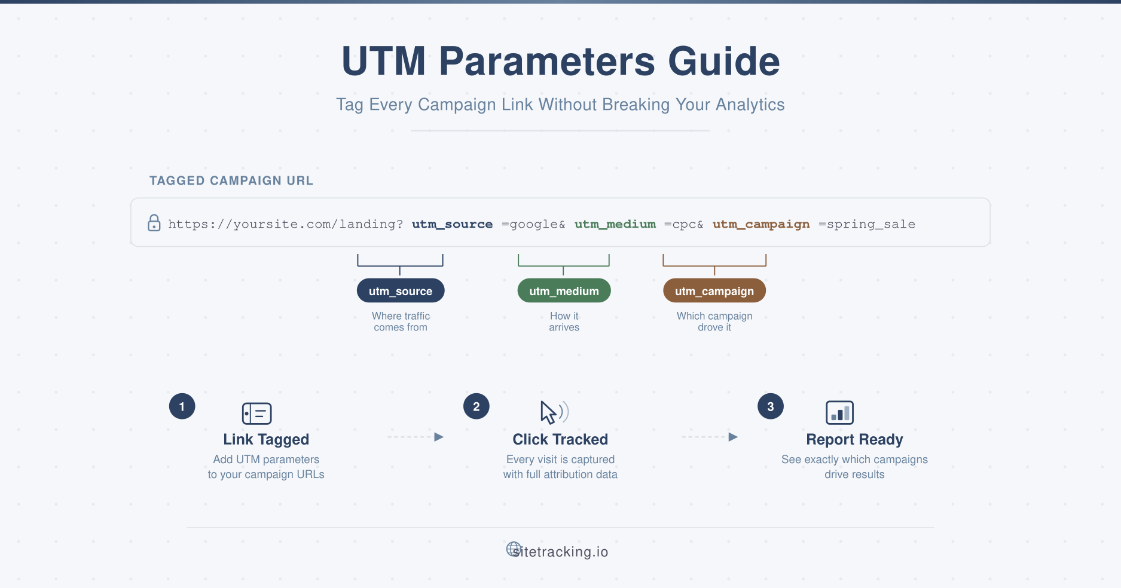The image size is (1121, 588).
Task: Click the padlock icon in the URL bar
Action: pyautogui.click(x=154, y=223)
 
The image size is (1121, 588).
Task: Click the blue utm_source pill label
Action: pyautogui.click(x=401, y=291)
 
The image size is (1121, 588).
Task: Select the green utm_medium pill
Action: pyautogui.click(x=564, y=291)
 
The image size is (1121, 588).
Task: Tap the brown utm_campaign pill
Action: pyautogui.click(x=714, y=291)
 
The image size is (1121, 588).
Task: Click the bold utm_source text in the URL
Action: pyautogui.click(x=452, y=224)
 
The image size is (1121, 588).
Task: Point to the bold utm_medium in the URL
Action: pyautogui.click(x=615, y=224)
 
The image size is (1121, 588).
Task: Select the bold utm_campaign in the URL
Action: pyautogui.click(x=761, y=224)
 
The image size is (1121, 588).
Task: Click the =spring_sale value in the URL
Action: pyautogui.click(x=867, y=224)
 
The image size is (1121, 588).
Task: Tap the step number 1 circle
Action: pyautogui.click(x=182, y=406)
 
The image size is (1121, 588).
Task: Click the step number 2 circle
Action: pyautogui.click(x=476, y=406)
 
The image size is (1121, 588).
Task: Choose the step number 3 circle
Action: pyautogui.click(x=771, y=406)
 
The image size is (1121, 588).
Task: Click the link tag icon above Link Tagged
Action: pyautogui.click(x=257, y=413)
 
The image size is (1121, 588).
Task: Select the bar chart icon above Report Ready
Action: pyautogui.click(x=839, y=412)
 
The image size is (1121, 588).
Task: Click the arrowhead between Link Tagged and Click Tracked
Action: pyautogui.click(x=439, y=437)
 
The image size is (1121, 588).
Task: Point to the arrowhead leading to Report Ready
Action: pyautogui.click(x=733, y=437)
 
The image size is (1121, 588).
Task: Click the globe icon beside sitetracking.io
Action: pyautogui.click(x=514, y=549)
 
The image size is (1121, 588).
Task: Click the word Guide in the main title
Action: pyautogui.click(x=723, y=61)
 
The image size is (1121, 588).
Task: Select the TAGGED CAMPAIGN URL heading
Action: pyautogui.click(x=231, y=180)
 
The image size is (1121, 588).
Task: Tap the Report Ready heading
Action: pyautogui.click(x=854, y=439)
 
